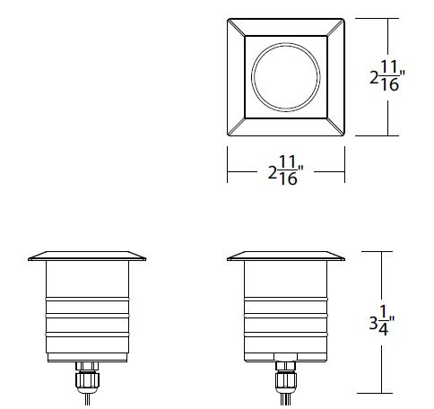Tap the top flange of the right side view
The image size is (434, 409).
[286, 255]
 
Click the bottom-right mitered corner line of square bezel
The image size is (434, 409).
[337, 127]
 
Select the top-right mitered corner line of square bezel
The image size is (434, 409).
[337, 25]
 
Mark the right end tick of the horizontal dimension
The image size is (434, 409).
[345, 171]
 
